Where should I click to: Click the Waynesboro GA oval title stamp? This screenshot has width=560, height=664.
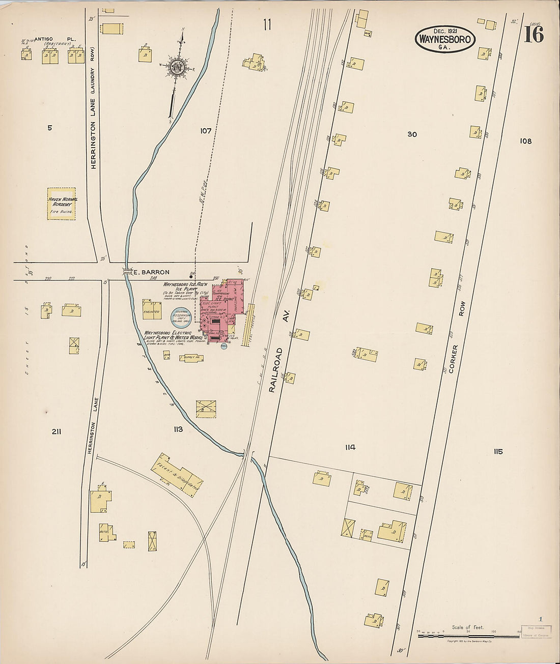point(445,39)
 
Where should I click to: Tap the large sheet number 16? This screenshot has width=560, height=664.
point(533,34)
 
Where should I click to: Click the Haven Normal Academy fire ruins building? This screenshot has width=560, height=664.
point(62,204)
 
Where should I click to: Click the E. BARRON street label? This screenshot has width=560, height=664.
point(151,272)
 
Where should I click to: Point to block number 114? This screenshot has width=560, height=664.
point(350,448)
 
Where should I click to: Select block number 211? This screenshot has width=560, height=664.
point(57,432)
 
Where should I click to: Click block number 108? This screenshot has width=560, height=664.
point(525,141)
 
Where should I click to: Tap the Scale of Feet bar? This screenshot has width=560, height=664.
point(468,636)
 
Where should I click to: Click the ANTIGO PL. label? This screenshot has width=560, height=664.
point(48,39)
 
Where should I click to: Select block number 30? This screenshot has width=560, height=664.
point(412,134)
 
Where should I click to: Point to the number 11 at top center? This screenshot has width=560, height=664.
point(267,24)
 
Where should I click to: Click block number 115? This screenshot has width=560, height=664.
point(497,451)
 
